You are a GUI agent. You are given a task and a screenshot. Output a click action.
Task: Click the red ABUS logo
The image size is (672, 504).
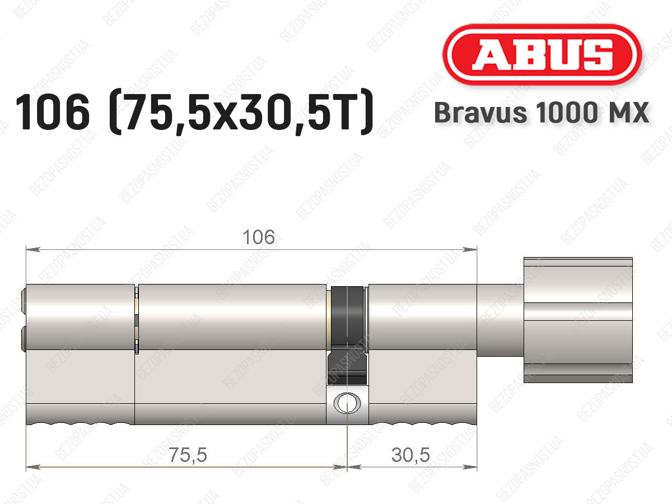pyautogui.click(x=542, y=54)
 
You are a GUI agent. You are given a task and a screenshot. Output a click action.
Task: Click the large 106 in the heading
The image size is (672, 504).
pyautogui.click(x=53, y=112)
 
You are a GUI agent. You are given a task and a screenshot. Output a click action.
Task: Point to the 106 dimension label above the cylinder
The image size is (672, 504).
pyautogui.click(x=259, y=237)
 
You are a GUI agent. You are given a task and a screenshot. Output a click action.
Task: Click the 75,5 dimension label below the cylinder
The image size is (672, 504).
pyautogui.click(x=188, y=455)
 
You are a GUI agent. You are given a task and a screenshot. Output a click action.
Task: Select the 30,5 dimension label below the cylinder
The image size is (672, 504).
pyautogui.click(x=410, y=455)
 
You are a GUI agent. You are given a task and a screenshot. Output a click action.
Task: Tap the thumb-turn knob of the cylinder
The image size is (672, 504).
pyautogui.click(x=578, y=320)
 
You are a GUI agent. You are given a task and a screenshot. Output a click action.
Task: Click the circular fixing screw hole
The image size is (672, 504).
pyautogui.click(x=347, y=403)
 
